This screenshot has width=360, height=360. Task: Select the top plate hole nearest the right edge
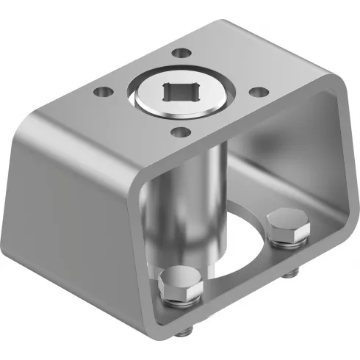(256, 92)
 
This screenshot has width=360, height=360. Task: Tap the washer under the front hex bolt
(179, 298)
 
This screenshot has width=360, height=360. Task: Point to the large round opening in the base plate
(235, 250)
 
